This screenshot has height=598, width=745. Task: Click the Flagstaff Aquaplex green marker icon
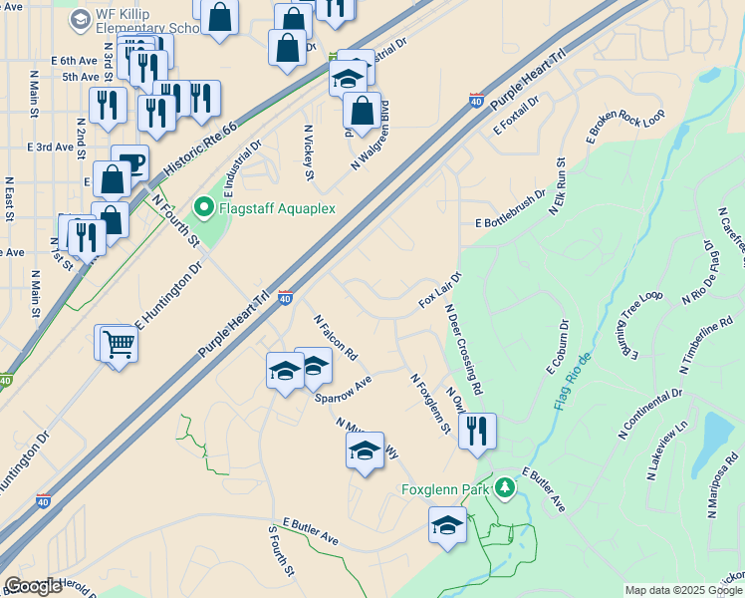tap(204, 208)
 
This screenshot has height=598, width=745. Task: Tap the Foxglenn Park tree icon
tap(506, 487)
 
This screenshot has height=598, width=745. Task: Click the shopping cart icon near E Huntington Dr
tap(118, 344)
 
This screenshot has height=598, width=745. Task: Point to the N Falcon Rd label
tap(335, 337)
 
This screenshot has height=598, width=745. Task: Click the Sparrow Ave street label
tap(344, 389)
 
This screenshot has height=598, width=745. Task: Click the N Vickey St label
tap(309, 152)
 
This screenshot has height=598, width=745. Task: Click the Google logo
tap(33, 586)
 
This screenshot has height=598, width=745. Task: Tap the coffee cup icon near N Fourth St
tap(129, 161)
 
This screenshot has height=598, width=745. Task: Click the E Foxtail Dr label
tap(515, 116)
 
